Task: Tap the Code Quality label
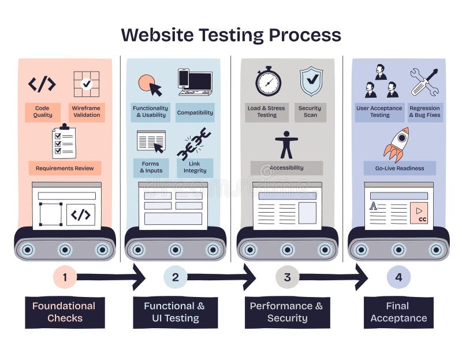point(42,112)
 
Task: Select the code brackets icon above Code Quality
point(42,84)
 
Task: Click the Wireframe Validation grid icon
point(86,84)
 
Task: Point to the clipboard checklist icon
point(64,141)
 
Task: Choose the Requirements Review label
point(65,168)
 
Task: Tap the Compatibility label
point(195,113)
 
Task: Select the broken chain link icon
point(193,144)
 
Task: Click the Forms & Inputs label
point(151,167)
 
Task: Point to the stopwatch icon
point(268,81)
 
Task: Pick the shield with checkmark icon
point(311,81)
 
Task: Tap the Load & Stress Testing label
point(266,112)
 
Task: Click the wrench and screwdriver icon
point(424,81)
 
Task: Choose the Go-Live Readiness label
point(400,168)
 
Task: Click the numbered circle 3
point(287,277)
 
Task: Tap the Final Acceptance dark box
point(398,313)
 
